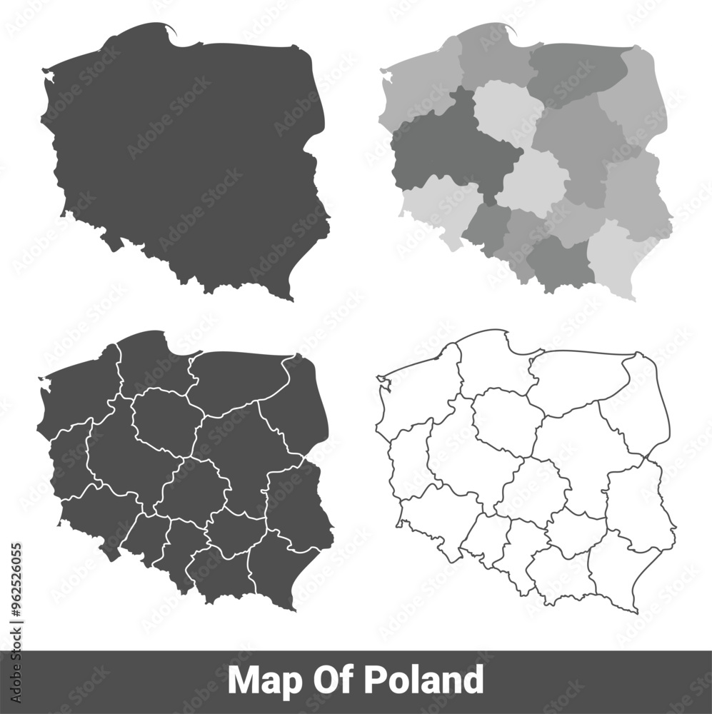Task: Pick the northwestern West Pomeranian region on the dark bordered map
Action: tap(75, 393)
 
